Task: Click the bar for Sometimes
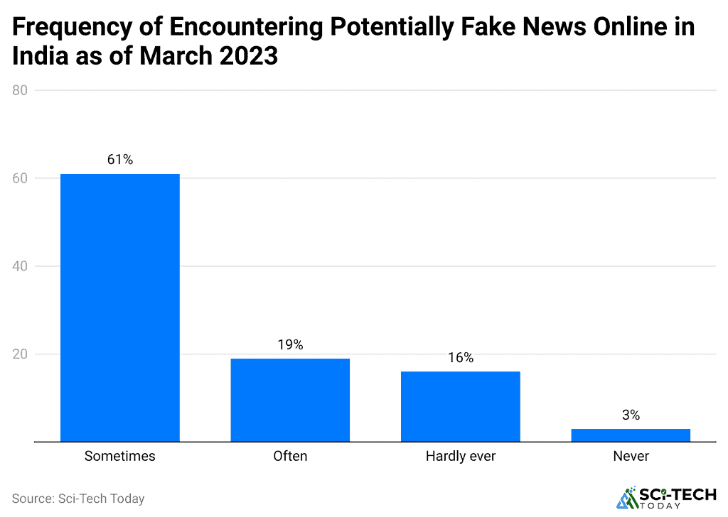pyautogui.click(x=119, y=308)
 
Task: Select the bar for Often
pyautogui.click(x=290, y=400)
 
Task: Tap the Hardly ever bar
pyautogui.click(x=460, y=406)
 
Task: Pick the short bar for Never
pyautogui.click(x=631, y=435)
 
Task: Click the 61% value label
pyautogui.click(x=119, y=160)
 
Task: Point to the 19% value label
pyautogui.click(x=290, y=344)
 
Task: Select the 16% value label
pyautogui.click(x=460, y=358)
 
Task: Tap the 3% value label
pyautogui.click(x=631, y=415)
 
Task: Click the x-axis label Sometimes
pyautogui.click(x=119, y=456)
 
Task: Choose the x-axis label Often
pyautogui.click(x=290, y=456)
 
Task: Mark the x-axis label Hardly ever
pyautogui.click(x=460, y=456)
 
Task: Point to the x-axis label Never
pyautogui.click(x=631, y=456)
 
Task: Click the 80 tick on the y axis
pyautogui.click(x=20, y=90)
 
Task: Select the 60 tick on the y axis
pyautogui.click(x=20, y=178)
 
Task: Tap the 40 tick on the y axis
pyautogui.click(x=20, y=266)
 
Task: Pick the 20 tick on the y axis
pyautogui.click(x=20, y=354)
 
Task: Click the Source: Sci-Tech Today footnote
pyautogui.click(x=78, y=499)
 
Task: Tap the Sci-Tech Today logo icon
pyautogui.click(x=627, y=498)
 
